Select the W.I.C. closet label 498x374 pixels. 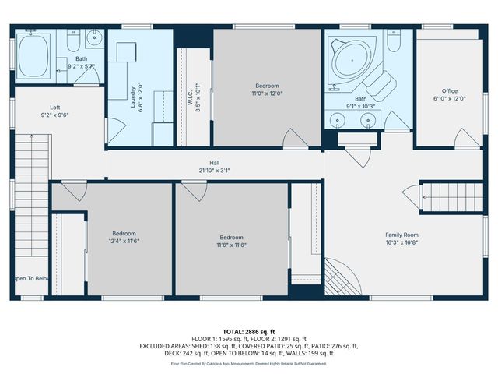[x=194, y=97]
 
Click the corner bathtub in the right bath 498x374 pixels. [x=350, y=60]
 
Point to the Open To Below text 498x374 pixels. [x=31, y=278]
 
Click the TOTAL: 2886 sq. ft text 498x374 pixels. [x=249, y=332]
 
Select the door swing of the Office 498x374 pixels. [x=467, y=139]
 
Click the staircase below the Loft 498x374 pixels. [x=30, y=203]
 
